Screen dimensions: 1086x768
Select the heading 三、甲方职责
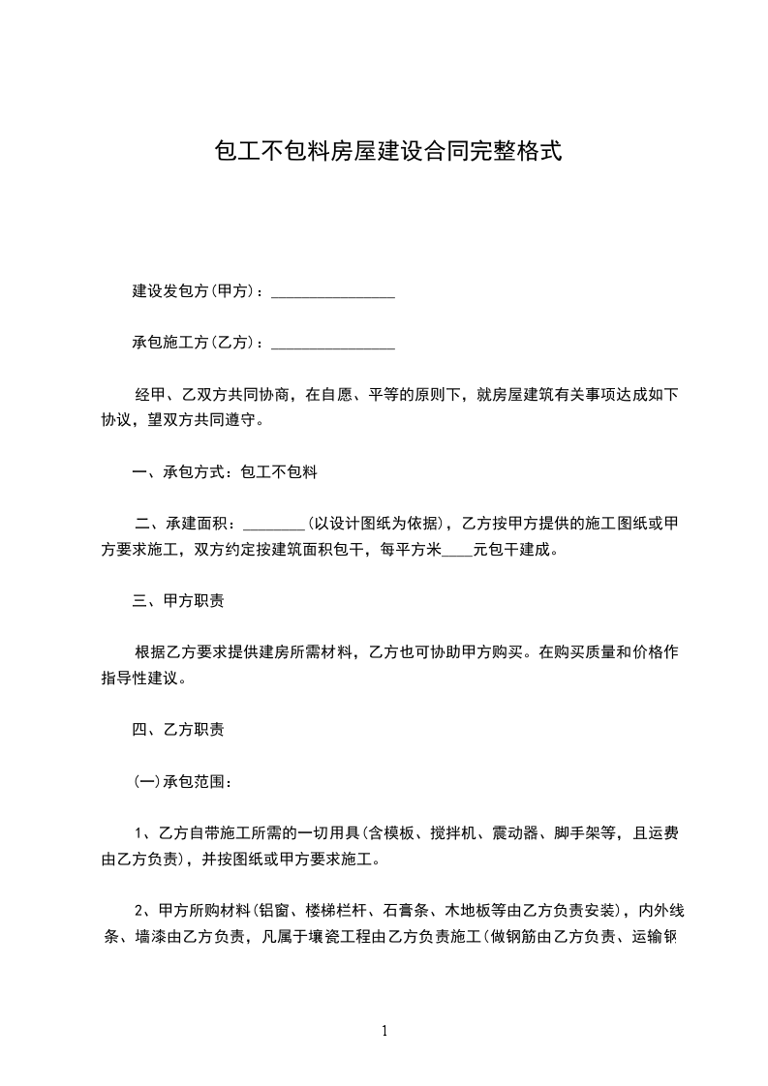[178, 601]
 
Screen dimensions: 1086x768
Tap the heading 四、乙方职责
[178, 729]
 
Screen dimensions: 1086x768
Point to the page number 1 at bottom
[384, 1031]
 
